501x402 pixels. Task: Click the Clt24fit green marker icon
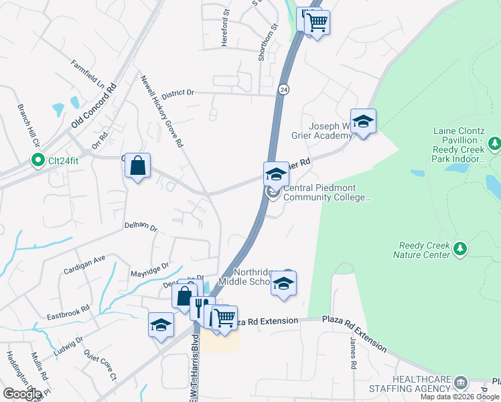[x=38, y=161]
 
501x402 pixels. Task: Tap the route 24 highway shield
[x=284, y=89]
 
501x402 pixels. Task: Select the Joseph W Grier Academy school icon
[x=363, y=121]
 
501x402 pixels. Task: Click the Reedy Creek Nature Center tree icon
[x=459, y=249]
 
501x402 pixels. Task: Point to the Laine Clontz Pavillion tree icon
[x=494, y=143]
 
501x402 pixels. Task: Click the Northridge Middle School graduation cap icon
[x=283, y=284]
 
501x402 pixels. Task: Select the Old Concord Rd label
[x=94, y=107]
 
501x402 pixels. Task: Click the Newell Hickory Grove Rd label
[x=161, y=111]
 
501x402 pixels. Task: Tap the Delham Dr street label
[x=141, y=228]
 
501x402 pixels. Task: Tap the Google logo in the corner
[x=22, y=393]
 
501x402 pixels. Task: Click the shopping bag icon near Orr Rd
[x=137, y=165]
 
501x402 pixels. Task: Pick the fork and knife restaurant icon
[x=198, y=308]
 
